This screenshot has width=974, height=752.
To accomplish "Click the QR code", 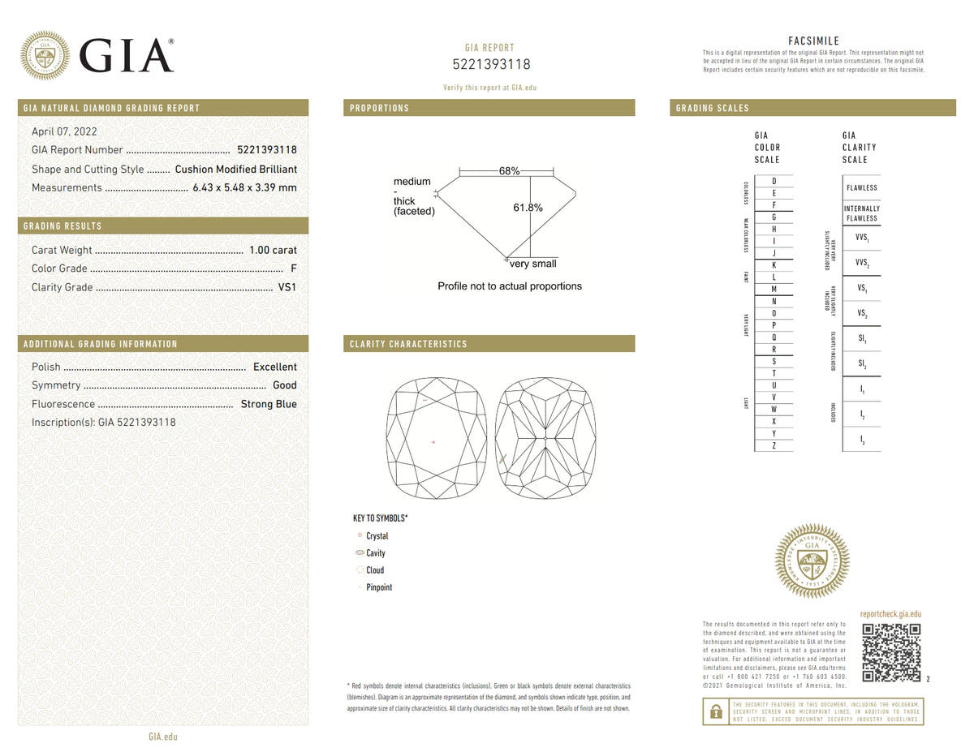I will (890, 652).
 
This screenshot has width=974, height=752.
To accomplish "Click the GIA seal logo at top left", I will (45, 55).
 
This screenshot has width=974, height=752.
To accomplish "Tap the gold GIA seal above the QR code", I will (812, 561).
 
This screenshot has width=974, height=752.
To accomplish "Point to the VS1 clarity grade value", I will (287, 287).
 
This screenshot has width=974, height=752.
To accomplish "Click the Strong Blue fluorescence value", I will (269, 404).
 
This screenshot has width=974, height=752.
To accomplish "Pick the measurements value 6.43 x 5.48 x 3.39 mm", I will (244, 187).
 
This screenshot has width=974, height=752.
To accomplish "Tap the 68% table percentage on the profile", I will (509, 171).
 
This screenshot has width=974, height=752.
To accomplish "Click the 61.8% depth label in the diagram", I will (528, 208).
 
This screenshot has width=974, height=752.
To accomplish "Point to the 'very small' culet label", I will (533, 264).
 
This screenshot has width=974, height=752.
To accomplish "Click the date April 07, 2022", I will (64, 131).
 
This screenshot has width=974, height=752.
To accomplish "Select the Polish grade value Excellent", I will (274, 367).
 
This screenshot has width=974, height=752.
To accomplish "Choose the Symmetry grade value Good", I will (285, 385).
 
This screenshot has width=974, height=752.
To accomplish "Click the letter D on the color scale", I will (774, 180).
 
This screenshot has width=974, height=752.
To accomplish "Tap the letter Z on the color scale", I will (774, 445).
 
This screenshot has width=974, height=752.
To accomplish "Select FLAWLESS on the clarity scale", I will (861, 187).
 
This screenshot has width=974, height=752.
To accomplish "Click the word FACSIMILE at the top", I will (813, 41).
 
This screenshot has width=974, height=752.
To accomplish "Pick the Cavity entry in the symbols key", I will (376, 553).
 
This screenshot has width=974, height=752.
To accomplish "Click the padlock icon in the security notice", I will (715, 711).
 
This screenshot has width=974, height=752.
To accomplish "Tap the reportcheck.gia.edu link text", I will (890, 615).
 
